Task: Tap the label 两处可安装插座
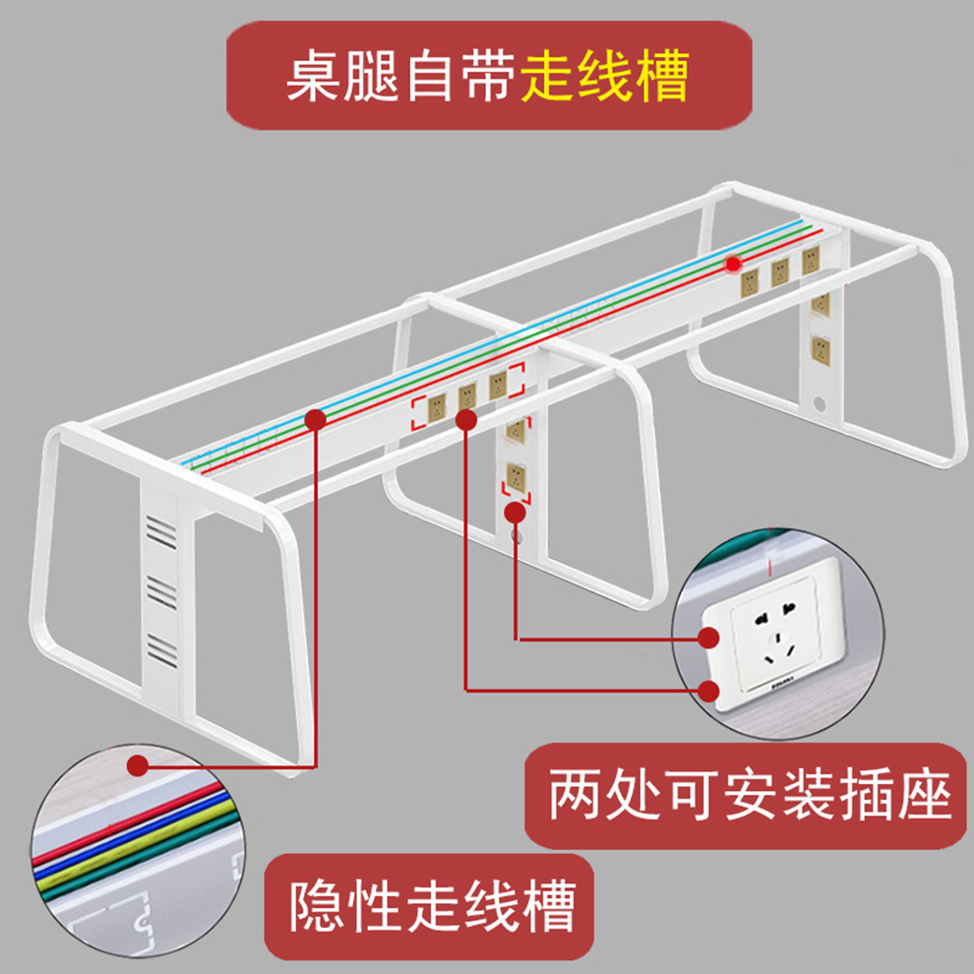click(750, 796)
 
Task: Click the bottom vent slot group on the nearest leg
click(161, 647)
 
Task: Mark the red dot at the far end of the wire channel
click(733, 264)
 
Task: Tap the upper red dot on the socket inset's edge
click(708, 639)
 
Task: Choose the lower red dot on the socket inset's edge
click(708, 691)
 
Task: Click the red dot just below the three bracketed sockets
click(466, 420)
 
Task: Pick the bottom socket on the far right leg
click(819, 347)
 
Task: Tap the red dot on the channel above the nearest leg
click(315, 420)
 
